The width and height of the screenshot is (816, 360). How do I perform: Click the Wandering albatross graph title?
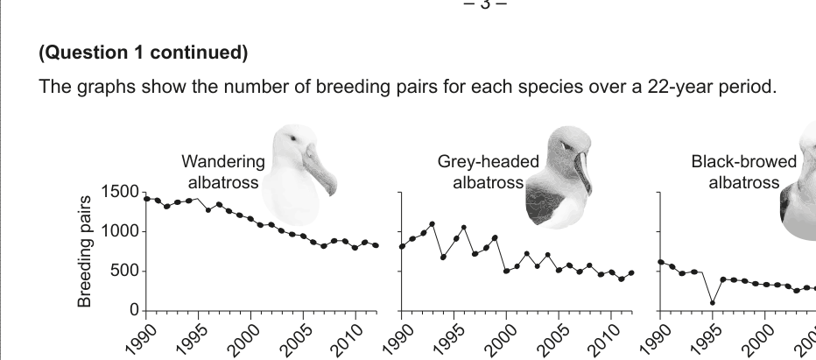tap(223, 172)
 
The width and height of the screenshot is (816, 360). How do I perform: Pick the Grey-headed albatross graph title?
tap(479, 172)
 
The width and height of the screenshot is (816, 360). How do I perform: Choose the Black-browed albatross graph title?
tap(744, 172)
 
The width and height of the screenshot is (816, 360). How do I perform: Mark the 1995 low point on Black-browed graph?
tap(712, 303)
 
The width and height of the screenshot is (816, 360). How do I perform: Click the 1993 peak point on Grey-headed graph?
tap(433, 224)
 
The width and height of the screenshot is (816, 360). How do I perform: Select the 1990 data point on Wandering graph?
tap(145, 199)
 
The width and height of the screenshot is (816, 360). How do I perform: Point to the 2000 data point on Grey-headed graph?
tap(506, 272)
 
